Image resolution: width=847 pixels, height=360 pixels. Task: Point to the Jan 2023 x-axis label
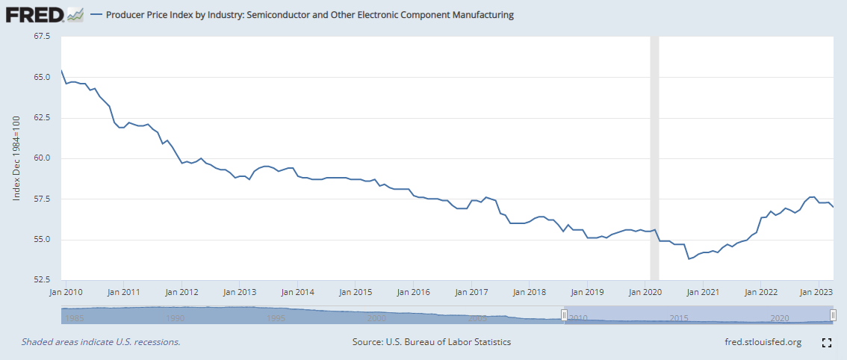[x=818, y=293]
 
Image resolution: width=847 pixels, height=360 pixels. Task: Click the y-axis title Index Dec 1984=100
[x=17, y=158]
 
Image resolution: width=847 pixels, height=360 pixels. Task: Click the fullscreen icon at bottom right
[x=826, y=343]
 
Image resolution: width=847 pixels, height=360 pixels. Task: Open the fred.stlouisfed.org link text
[x=758, y=342]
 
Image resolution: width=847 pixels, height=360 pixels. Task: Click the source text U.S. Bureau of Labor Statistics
[x=432, y=342]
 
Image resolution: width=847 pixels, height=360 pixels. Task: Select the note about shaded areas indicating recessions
[x=101, y=342]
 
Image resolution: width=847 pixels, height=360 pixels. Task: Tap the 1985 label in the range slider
[x=72, y=318]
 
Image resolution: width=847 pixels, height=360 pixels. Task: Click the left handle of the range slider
[x=565, y=315]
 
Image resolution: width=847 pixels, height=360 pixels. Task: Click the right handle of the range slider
[x=833, y=315]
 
